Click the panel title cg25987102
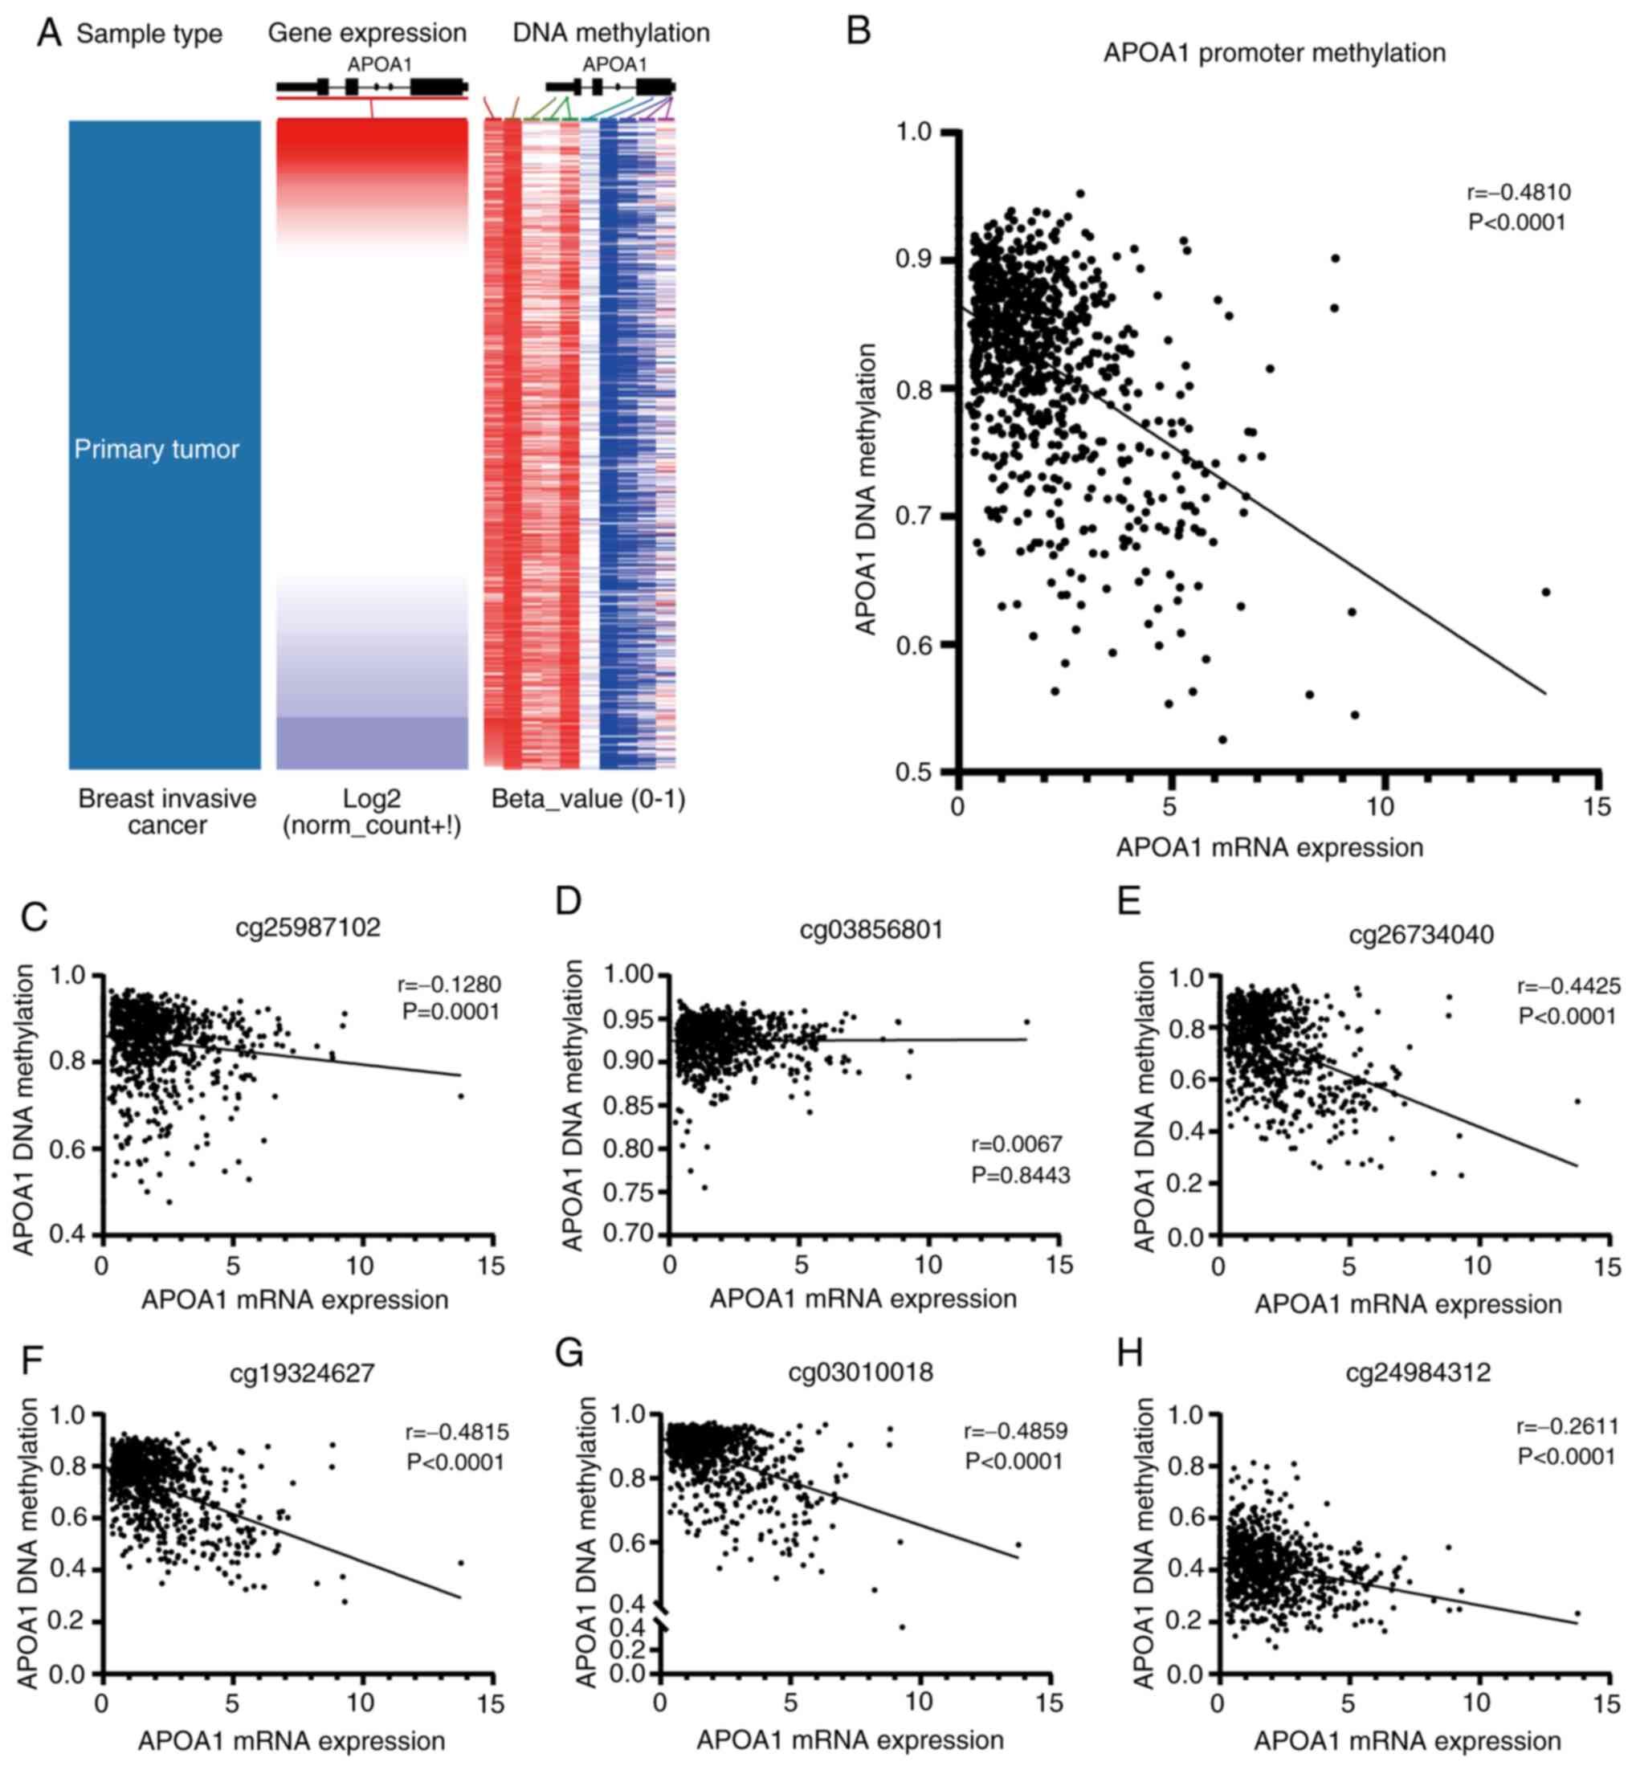click(308, 927)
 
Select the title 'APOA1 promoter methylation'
click(1275, 53)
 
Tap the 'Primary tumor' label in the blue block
click(157, 450)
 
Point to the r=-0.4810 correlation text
click(1519, 193)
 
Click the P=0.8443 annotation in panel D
click(1021, 1175)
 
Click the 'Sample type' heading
click(149, 35)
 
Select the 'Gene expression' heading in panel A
click(367, 34)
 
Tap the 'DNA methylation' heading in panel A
click(611, 34)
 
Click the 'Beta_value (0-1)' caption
click(588, 799)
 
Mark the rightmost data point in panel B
click(1545, 592)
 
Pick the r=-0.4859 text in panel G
click(1016, 1431)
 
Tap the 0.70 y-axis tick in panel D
click(630, 1234)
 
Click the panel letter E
click(1129, 903)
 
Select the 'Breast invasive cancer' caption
click(167, 811)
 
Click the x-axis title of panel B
click(1270, 848)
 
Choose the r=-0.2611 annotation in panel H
click(1568, 1427)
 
